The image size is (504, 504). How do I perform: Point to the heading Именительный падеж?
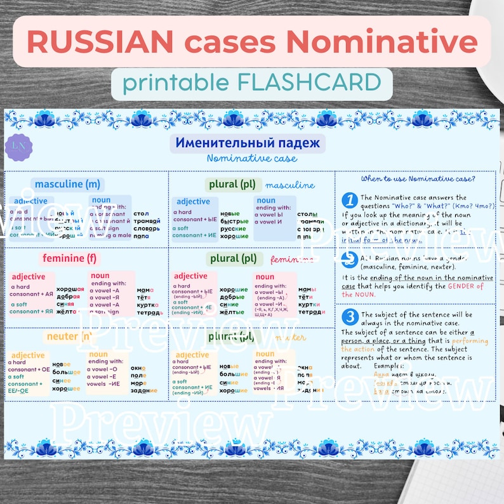(248, 142)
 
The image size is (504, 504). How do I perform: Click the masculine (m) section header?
(68, 184)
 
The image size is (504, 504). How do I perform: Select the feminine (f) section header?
(71, 258)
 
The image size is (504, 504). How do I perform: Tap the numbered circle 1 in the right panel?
(349, 201)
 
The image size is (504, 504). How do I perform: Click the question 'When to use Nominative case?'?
(417, 179)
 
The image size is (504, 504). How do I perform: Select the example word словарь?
(146, 227)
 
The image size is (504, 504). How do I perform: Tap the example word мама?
(145, 289)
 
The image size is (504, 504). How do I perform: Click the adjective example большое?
(66, 372)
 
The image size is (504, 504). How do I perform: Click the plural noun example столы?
(307, 213)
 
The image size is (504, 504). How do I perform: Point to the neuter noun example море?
(139, 383)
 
